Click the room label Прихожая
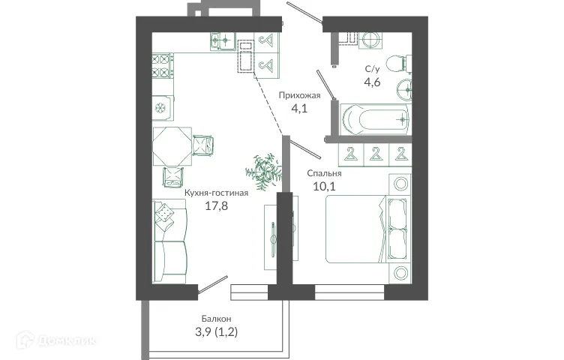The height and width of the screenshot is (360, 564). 299,95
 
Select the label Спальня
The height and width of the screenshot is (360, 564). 325,173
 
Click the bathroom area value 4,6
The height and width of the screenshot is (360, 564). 373,82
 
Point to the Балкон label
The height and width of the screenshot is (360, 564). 216,318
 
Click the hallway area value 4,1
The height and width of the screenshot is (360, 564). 299,108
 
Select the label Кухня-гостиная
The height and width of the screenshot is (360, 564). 216,192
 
